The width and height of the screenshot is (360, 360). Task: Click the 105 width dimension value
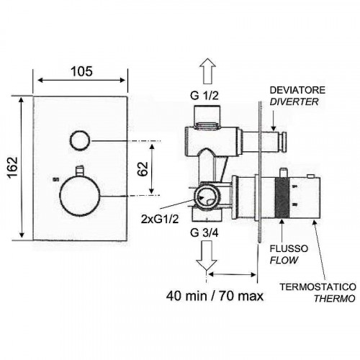click(81, 71)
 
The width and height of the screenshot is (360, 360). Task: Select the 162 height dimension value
click(12, 167)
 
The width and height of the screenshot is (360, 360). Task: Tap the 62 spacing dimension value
click(143, 169)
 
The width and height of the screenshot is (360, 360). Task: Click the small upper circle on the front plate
click(80, 140)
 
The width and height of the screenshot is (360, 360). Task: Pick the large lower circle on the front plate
click(80, 196)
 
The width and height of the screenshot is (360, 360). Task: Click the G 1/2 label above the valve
click(204, 96)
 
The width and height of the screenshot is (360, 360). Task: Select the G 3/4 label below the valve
click(204, 233)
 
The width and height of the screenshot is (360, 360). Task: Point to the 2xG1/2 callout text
click(160, 219)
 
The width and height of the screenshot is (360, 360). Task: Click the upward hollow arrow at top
click(207, 71)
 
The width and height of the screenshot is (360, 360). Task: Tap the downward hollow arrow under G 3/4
click(207, 256)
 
